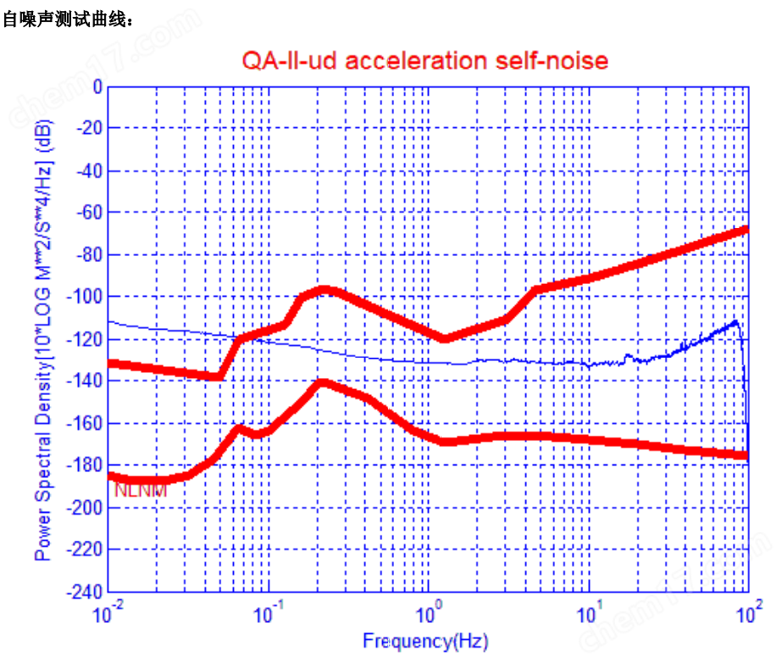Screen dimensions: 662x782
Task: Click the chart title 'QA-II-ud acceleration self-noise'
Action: tap(425, 60)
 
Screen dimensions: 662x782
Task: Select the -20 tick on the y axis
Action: tap(89, 129)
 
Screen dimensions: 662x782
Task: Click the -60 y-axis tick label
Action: tap(89, 213)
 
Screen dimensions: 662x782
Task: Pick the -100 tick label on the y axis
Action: tap(86, 297)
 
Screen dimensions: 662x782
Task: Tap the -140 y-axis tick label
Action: tap(86, 381)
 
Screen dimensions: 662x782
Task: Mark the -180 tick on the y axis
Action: tap(86, 465)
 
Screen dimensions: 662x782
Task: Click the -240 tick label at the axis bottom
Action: tap(86, 591)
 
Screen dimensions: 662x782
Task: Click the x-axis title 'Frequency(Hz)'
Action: tap(425, 641)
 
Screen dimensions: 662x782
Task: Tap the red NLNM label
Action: tap(141, 491)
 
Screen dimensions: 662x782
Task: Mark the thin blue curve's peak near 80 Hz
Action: tap(736, 321)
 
